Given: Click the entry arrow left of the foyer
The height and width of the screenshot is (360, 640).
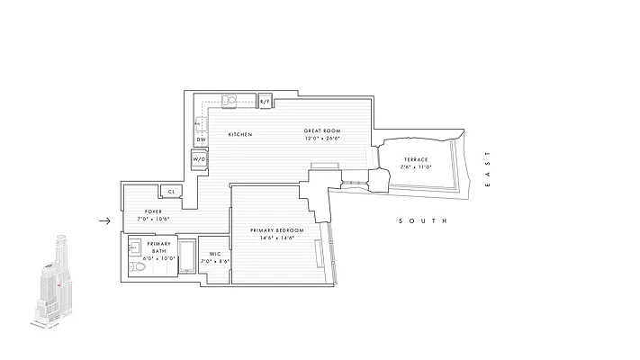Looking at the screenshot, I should click(x=104, y=220).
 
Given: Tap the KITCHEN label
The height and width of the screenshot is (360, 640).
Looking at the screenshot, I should click(x=239, y=135).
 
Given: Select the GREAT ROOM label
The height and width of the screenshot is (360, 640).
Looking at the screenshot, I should click(x=321, y=131).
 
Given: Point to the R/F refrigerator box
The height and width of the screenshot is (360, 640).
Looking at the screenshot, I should click(x=265, y=102).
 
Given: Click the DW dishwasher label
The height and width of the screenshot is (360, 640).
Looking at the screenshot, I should click(x=202, y=139).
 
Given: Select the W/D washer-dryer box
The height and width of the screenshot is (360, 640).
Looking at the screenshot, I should click(x=201, y=160).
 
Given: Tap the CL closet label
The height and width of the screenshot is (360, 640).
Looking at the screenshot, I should click(x=170, y=192).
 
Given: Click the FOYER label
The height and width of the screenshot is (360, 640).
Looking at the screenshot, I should click(x=153, y=211).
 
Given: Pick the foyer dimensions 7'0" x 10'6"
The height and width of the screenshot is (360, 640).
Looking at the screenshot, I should click(x=153, y=219).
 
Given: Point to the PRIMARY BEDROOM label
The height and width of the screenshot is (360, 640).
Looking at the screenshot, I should click(x=276, y=231).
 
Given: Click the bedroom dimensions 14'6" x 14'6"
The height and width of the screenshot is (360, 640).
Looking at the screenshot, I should click(x=276, y=239).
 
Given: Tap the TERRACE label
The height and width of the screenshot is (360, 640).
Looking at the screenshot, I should click(x=415, y=159).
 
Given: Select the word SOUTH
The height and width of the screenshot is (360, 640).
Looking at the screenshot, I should click(x=422, y=221).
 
